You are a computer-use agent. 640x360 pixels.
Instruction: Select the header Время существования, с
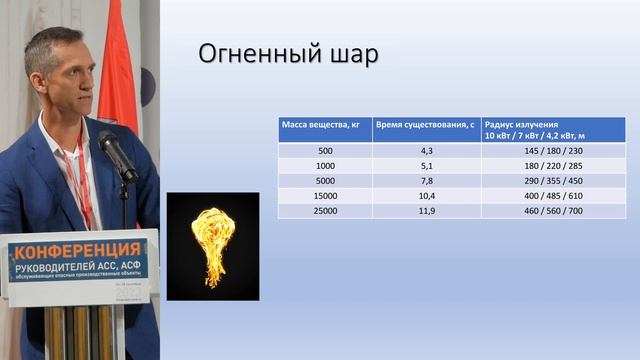[424, 124]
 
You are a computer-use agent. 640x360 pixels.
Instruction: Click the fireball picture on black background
[212, 246]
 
